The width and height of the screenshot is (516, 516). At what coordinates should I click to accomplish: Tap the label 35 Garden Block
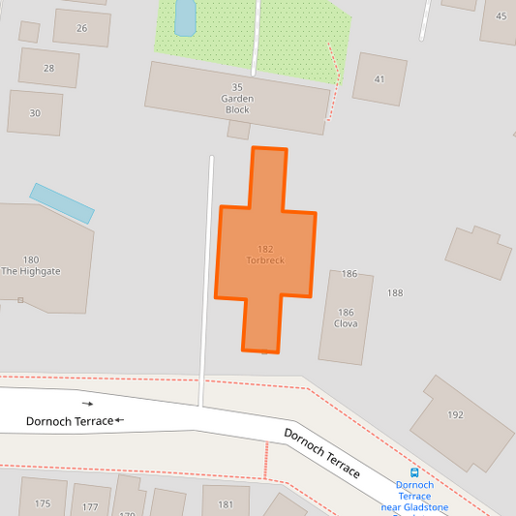237,99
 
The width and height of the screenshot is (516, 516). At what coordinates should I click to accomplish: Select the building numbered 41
379,78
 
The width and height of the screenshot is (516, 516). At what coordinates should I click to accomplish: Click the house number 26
81,28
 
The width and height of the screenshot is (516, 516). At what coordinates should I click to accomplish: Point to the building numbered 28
48,68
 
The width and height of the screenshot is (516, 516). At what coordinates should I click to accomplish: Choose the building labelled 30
35,112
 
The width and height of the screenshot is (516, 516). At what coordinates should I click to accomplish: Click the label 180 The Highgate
31,265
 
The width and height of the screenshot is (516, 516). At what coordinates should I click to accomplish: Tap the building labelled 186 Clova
346,318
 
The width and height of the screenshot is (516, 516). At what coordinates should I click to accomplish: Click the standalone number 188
395,292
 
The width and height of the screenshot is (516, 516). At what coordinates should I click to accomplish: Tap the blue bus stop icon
414,472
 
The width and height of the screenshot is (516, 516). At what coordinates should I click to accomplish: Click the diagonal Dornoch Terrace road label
321,452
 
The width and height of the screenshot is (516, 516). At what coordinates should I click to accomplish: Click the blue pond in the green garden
185,16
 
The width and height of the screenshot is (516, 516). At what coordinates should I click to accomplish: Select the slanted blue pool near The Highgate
62,203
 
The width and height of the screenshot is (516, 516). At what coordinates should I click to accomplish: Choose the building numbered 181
226,502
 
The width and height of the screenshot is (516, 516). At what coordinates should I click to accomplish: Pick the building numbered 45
500,17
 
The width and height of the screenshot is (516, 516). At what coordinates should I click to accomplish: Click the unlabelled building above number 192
478,252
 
